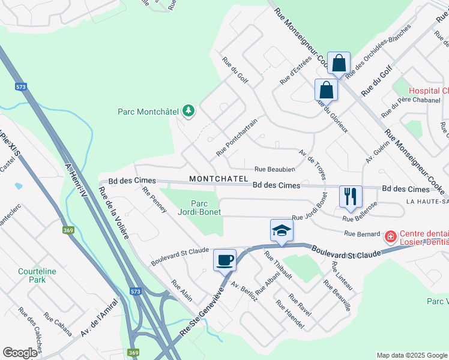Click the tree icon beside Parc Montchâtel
click(x=188, y=111)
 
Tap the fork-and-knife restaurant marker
click(x=350, y=196)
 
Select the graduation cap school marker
click(x=280, y=230)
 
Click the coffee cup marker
click(x=225, y=260)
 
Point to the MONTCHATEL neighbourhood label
click(x=218, y=179)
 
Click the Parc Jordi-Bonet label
click(x=199, y=208)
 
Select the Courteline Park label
click(x=37, y=275)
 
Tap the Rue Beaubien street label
click(x=274, y=170)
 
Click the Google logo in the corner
click(x=20, y=353)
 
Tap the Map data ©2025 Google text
click(x=411, y=355)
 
